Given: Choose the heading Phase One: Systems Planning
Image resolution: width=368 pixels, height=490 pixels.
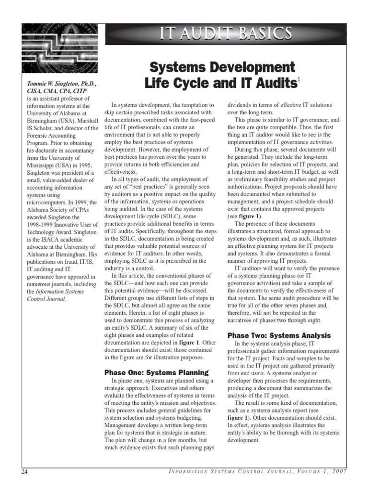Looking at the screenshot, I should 156,372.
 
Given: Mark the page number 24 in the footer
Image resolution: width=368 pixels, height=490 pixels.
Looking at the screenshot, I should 25,472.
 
